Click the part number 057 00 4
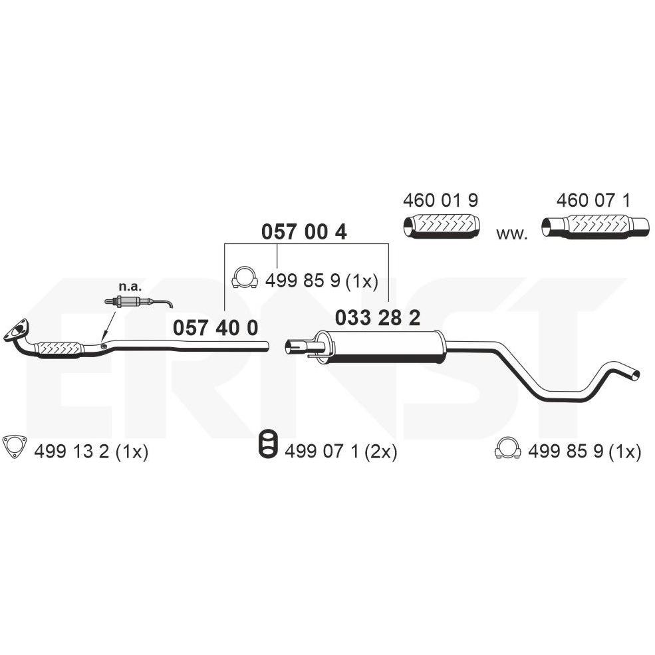click(304, 232)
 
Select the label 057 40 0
click(215, 328)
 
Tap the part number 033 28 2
click(377, 319)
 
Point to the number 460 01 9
click(440, 201)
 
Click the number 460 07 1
click(593, 201)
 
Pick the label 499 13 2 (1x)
click(91, 452)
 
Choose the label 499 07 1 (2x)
click(341, 452)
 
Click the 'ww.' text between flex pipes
click(512, 234)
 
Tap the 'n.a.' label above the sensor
click(130, 287)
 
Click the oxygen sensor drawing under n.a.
click(138, 301)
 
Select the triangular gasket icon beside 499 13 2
click(15, 446)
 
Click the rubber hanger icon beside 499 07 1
click(268, 444)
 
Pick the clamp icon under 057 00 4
click(244, 278)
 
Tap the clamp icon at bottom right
click(507, 448)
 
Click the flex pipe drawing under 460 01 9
click(441, 226)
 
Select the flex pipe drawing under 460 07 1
click(596, 226)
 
